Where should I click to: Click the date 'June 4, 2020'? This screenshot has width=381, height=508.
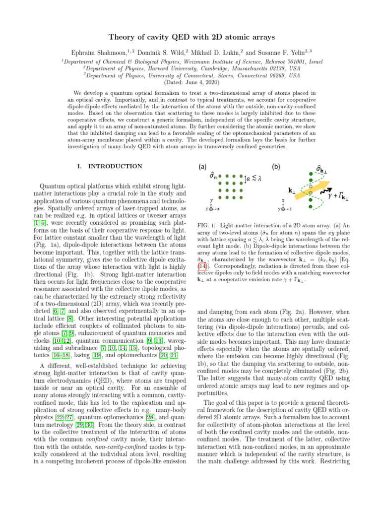pyautogui.click(x=198, y=82)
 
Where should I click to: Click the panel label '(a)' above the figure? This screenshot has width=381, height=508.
pyautogui.click(x=203, y=167)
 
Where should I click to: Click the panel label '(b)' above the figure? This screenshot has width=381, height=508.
pyautogui.click(x=277, y=167)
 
